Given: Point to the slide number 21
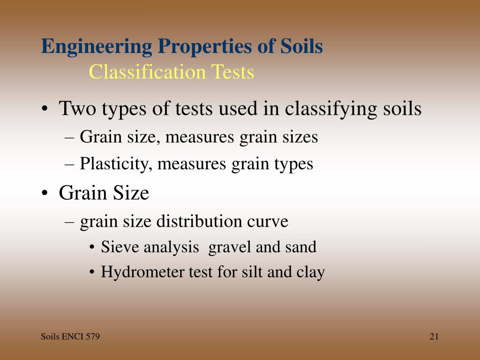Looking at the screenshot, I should click(434, 337).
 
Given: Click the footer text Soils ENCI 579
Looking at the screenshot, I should click(70, 337).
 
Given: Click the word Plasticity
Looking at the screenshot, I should click(114, 164).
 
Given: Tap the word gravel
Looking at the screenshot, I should click(230, 247).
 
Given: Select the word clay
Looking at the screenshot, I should click(310, 272).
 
